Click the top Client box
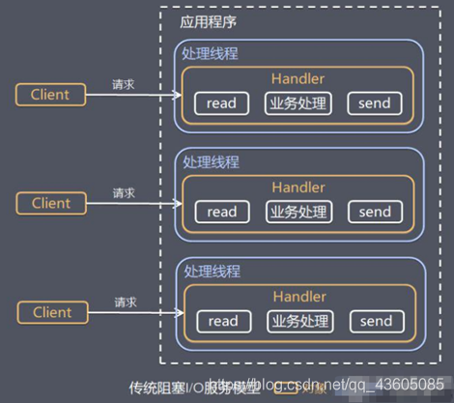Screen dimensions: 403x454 51,94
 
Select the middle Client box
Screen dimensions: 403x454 51,203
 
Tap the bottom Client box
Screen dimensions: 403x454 51,312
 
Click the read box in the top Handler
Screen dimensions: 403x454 221,102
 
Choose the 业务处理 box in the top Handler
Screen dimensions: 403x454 298,102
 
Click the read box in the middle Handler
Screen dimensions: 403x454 221,212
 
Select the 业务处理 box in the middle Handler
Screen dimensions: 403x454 298,212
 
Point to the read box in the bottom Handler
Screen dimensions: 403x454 221,321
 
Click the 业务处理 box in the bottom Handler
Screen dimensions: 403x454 298,321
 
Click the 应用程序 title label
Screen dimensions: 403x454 208,21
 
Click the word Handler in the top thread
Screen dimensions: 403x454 298,78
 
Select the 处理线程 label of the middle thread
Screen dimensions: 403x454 211,162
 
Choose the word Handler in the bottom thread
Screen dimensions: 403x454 298,297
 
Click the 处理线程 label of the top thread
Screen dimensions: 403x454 211,53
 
